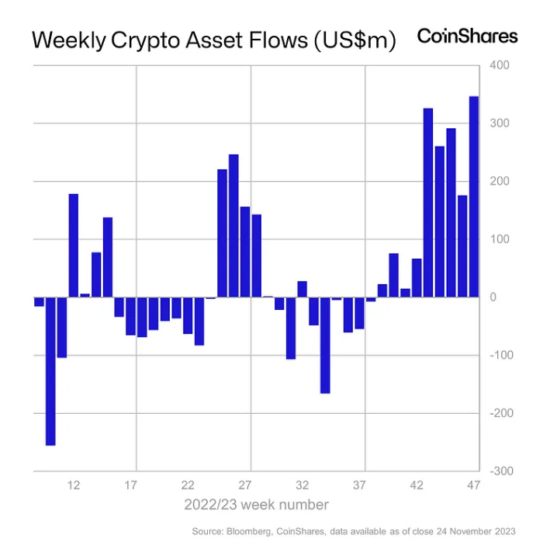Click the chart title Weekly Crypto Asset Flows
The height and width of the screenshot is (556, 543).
point(213,41)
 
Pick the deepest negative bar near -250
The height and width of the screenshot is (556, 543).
point(50,370)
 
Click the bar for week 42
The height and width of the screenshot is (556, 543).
point(417,277)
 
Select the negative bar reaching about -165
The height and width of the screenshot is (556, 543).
point(325,345)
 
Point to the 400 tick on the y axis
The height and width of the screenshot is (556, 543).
point(499,65)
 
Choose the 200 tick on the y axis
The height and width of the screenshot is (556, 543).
point(499,181)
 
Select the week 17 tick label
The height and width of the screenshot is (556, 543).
point(130,485)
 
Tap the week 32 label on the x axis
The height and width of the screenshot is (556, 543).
point(303,485)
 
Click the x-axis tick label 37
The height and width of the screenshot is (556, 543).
point(360,485)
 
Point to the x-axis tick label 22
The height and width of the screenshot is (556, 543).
point(188,485)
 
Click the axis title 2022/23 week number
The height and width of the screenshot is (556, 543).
point(256,505)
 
